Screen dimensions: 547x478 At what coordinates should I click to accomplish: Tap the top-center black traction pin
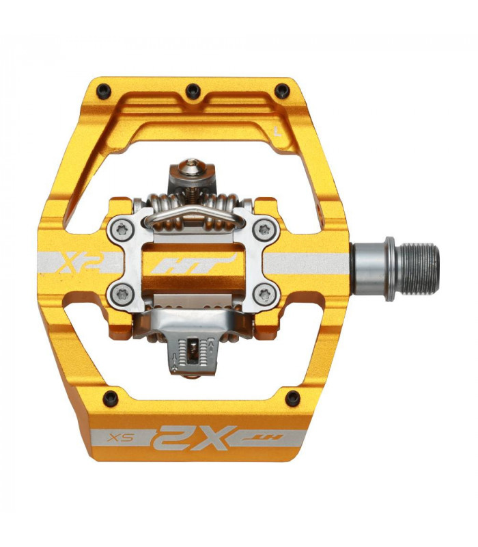[193, 89]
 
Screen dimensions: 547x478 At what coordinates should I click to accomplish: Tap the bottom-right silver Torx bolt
[264, 295]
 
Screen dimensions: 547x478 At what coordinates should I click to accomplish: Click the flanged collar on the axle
[389, 268]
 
